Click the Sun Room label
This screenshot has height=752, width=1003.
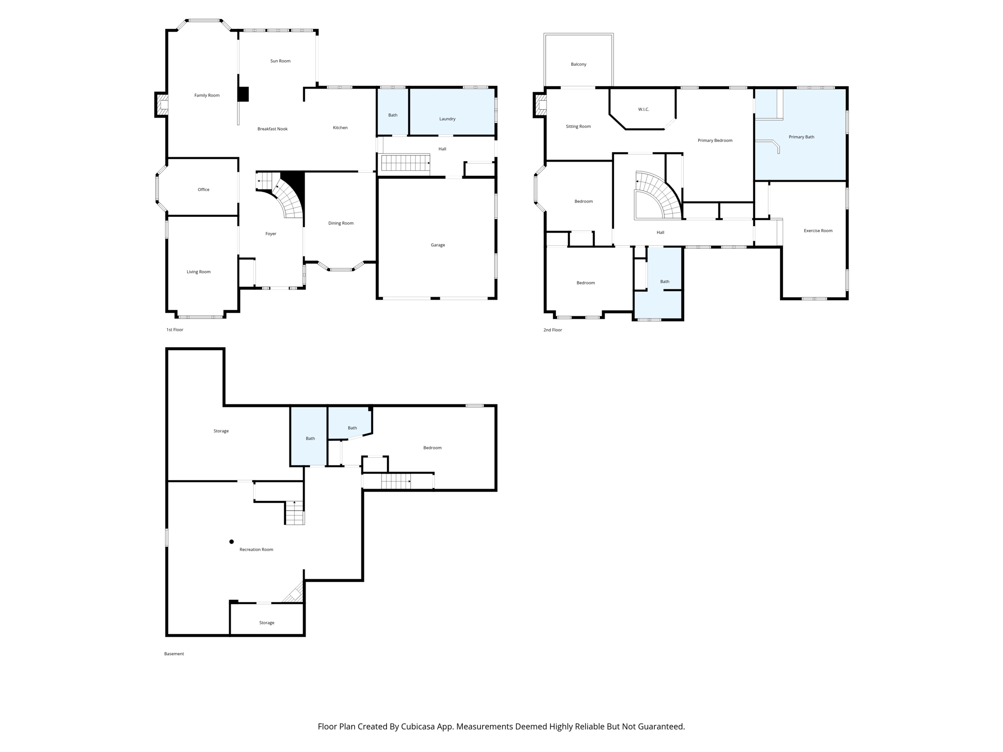pyautogui.click(x=280, y=61)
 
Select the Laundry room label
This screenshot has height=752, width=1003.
pyautogui.click(x=447, y=119)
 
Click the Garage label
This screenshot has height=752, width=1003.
pyautogui.click(x=438, y=245)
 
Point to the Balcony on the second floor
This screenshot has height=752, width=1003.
pyautogui.click(x=578, y=64)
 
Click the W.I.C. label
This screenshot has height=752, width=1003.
pyautogui.click(x=644, y=110)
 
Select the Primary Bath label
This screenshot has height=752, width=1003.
pyautogui.click(x=801, y=137)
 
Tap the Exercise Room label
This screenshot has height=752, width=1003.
pyautogui.click(x=818, y=231)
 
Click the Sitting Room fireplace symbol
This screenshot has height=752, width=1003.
pyautogui.click(x=541, y=105)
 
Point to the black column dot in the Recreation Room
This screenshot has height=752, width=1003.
pyautogui.click(x=232, y=541)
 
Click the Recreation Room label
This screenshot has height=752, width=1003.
pyautogui.click(x=256, y=550)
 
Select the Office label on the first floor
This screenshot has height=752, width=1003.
pyautogui.click(x=203, y=189)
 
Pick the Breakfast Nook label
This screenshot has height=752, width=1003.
pyautogui.click(x=272, y=129)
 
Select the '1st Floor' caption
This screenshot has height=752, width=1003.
pyautogui.click(x=174, y=330)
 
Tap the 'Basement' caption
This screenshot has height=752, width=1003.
pyautogui.click(x=174, y=654)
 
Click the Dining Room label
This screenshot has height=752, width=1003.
pyautogui.click(x=340, y=223)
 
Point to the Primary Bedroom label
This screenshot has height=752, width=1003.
pyautogui.click(x=715, y=141)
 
